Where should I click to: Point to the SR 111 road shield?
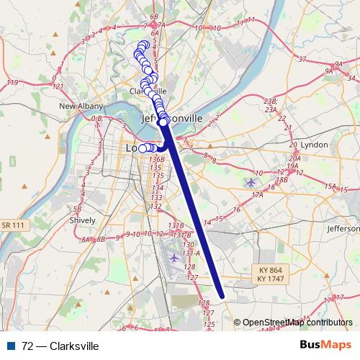14,225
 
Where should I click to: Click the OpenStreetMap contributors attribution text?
297,323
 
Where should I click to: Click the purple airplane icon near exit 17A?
251,181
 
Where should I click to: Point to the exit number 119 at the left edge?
12,84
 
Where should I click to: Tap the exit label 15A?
330,186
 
